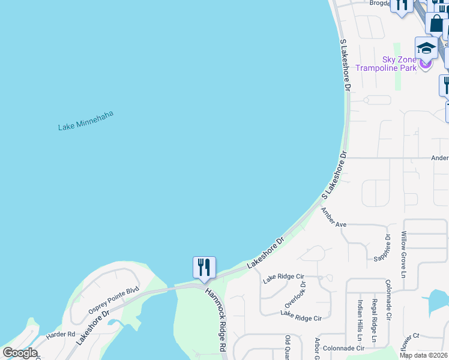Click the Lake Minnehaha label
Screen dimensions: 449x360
coord(85,121)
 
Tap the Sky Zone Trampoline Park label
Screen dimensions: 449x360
coord(385,64)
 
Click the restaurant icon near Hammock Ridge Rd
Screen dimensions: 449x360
coord(204,268)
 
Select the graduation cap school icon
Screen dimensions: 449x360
coord(426,48)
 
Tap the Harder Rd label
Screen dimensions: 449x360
coord(59,334)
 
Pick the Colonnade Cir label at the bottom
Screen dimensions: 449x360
coord(344,348)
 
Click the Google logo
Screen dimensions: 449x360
coord(20,353)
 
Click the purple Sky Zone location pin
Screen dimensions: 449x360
coord(425,63)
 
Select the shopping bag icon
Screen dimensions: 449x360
coord(436,24)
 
